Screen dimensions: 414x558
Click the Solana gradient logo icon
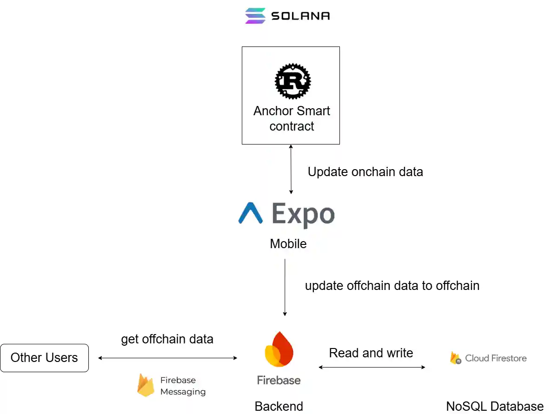pyautogui.click(x=255, y=15)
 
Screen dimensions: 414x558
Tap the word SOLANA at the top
pyautogui.click(x=300, y=16)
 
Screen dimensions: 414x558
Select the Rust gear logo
pyautogui.click(x=292, y=81)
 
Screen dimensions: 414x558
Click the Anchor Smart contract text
pyautogui.click(x=292, y=118)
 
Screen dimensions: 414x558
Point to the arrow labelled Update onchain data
pyautogui.click(x=291, y=169)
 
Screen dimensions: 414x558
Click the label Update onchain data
pyautogui.click(x=365, y=172)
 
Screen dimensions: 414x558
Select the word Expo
pyautogui.click(x=303, y=215)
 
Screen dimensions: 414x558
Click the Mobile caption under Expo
pyautogui.click(x=288, y=243)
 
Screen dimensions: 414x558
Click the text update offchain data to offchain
pyautogui.click(x=392, y=285)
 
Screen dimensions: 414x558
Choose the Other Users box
pyautogui.click(x=44, y=358)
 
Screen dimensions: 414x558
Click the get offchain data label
pyautogui.click(x=167, y=339)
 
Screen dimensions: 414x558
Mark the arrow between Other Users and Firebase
pyautogui.click(x=167, y=358)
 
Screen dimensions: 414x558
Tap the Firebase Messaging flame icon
pyautogui.click(x=146, y=385)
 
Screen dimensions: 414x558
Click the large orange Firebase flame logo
pyautogui.click(x=279, y=349)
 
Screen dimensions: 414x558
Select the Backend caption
pyautogui.click(x=279, y=406)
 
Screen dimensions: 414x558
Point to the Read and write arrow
pyautogui.click(x=372, y=367)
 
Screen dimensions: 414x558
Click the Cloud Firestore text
pyautogui.click(x=496, y=358)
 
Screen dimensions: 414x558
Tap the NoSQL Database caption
pyautogui.click(x=495, y=406)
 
